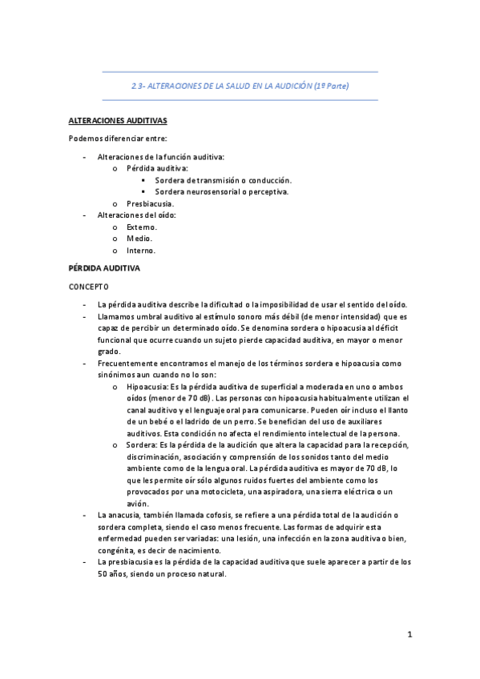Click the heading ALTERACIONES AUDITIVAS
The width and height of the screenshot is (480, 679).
[x=117, y=121]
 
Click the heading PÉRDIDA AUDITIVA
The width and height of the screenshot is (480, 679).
[x=104, y=269]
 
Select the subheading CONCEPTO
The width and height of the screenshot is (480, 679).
[x=88, y=287]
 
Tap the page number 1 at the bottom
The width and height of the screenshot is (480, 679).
[x=409, y=635]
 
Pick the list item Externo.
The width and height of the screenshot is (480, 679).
[x=141, y=227]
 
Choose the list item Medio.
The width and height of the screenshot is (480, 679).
[x=139, y=239]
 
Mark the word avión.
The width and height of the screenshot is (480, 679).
[x=139, y=504]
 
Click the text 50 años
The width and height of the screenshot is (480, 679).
[x=103, y=573]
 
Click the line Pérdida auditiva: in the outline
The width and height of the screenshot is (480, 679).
[x=157, y=169]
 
